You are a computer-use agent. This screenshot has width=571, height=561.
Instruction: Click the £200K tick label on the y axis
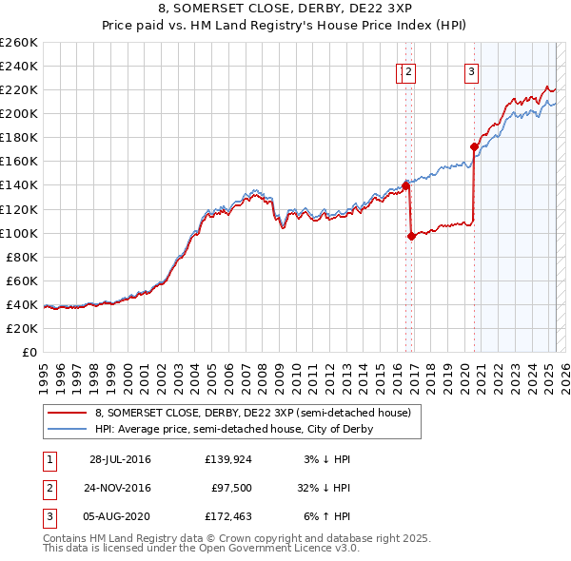point(19,113)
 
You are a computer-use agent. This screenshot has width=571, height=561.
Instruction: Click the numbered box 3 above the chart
point(471,69)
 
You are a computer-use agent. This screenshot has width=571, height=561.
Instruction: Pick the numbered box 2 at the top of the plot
point(409,69)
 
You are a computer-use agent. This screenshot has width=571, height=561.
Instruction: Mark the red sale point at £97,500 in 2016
point(411,236)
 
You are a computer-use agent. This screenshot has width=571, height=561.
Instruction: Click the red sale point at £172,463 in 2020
point(473,146)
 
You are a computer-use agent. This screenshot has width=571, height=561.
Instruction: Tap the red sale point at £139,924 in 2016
point(405,185)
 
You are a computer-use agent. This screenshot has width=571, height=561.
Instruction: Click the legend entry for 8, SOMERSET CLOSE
point(252,414)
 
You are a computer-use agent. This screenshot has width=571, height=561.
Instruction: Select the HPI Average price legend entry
point(233,429)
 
